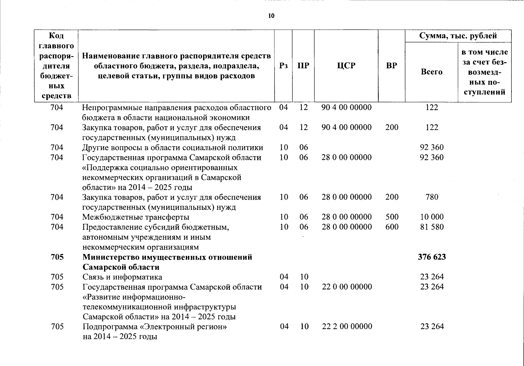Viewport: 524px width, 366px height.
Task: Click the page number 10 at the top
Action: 271,16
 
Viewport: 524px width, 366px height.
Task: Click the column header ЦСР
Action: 346,66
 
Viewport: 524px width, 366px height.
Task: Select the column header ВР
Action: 392,66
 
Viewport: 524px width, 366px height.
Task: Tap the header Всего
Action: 432,72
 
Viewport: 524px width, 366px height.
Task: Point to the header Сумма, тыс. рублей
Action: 458,36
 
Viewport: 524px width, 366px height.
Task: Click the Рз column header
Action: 283,66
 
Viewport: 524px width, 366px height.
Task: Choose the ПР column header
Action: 303,66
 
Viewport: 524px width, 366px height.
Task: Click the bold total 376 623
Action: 432,257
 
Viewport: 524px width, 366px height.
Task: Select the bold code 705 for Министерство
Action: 57,257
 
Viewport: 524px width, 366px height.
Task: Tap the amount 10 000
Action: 432,217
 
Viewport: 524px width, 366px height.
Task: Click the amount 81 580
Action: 432,227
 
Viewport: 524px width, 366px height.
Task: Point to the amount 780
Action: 432,197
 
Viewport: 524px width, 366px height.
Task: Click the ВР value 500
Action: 392,217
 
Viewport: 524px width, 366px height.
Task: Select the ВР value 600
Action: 392,227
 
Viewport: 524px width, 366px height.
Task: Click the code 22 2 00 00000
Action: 347,327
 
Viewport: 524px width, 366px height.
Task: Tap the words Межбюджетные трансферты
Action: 136,217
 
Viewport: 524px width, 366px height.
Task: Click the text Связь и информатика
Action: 122,277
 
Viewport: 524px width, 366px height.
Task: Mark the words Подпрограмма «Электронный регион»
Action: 155,327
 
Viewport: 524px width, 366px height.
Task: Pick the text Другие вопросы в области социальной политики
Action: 172,148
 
